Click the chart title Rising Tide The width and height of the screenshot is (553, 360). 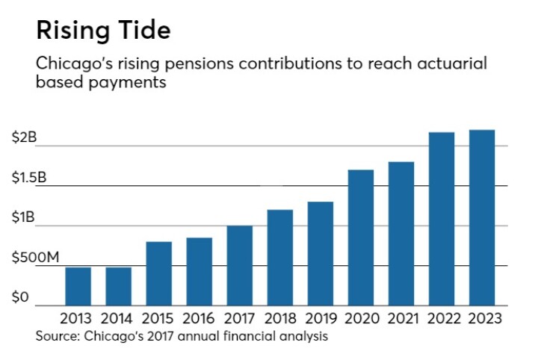pos(103,31)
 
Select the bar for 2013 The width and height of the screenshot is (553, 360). pos(78,286)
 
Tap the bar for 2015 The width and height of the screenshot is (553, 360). pos(158,273)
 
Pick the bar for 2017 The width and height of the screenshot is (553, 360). pos(240,265)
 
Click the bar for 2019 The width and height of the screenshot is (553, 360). pos(321,253)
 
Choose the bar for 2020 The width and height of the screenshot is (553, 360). pos(361,238)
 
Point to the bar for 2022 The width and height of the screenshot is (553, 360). pos(442,219)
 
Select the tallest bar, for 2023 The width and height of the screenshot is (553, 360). pos(482,217)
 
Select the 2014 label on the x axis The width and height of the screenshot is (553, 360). pos(118,318)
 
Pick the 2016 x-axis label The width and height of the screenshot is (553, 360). pos(200,318)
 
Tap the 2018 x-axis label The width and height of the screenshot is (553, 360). pos(280,318)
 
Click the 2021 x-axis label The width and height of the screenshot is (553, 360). pos(401,318)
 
